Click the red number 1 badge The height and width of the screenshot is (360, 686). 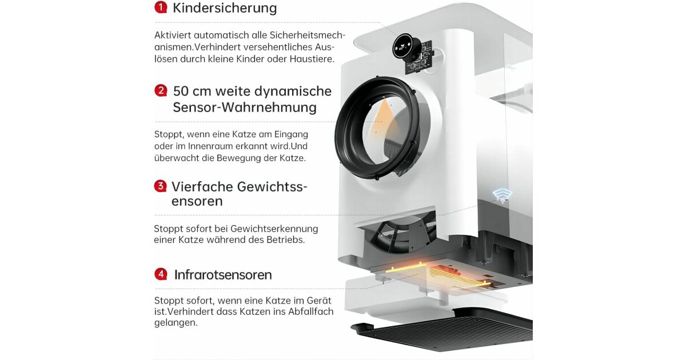pos(161,7)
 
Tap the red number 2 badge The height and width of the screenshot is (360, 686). pos(161,91)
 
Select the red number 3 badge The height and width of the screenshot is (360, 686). pos(160,186)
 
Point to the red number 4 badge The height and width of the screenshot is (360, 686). pos(161,274)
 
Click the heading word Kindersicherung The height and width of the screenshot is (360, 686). pos(225,8)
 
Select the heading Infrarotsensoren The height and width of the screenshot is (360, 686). pos(223,275)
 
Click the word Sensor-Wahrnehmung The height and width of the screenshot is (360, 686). pos(245,107)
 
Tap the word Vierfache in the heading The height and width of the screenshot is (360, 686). pos(202,187)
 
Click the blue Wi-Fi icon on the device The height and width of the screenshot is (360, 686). pos(502,195)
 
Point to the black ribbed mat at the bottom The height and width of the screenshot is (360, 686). pos(444,334)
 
